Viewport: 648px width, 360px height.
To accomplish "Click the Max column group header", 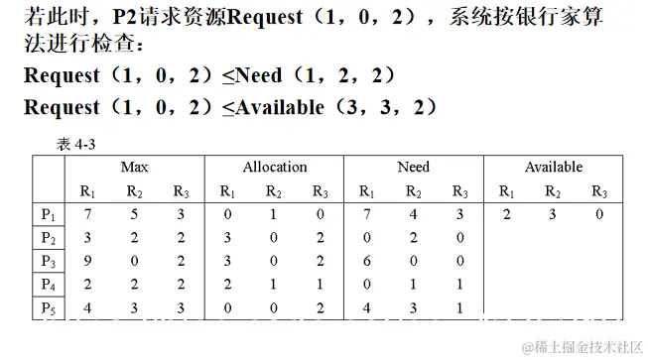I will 134,168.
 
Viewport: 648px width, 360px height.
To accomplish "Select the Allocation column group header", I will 274,168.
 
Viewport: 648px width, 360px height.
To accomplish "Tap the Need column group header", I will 413,168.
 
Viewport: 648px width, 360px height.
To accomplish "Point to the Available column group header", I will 553,168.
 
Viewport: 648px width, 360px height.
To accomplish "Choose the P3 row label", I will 48,262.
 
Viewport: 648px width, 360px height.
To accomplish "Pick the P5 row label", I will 48,308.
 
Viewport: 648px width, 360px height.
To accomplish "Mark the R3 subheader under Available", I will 599,191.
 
